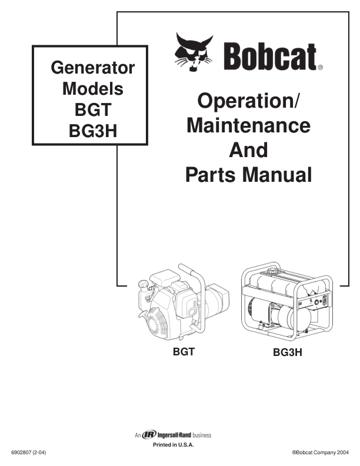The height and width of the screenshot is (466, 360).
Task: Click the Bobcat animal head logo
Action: pos(195,52)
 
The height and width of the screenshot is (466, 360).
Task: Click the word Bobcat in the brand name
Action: pos(269,56)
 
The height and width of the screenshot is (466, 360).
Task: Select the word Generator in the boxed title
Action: pos(93,68)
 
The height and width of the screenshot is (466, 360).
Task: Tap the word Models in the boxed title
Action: pos(93,89)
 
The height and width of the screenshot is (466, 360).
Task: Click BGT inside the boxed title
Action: pos(93,110)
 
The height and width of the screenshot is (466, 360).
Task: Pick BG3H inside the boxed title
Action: pos(93,131)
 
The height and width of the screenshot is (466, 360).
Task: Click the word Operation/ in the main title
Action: pos(248,101)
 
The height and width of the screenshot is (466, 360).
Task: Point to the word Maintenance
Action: pos(248,125)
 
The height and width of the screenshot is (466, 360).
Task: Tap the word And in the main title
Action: pos(248,150)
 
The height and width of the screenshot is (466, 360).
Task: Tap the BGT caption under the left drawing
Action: pos(184,354)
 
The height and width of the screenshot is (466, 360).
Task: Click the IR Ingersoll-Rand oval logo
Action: pos(149,435)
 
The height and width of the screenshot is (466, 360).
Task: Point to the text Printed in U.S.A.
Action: pos(174,445)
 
